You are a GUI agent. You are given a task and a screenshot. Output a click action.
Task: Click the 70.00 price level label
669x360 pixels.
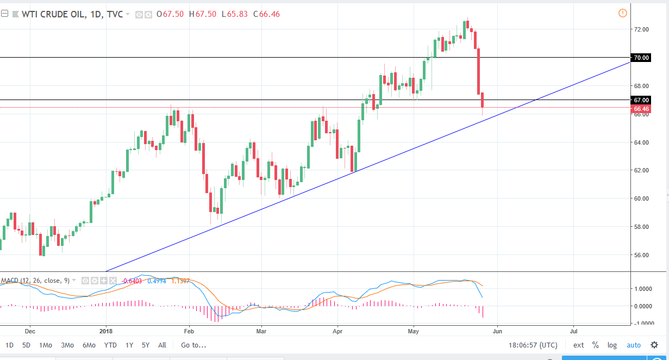pos(641,58)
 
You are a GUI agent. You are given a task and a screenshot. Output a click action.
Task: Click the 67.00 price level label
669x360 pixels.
pos(641,100)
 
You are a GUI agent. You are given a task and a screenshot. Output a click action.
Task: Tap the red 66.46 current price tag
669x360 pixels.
pos(641,109)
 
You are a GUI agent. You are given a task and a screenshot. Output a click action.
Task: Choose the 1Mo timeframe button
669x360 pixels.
pos(45,345)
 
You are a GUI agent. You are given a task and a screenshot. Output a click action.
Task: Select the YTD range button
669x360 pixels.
pos(110,345)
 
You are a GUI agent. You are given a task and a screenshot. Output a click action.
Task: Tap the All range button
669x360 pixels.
pos(162,345)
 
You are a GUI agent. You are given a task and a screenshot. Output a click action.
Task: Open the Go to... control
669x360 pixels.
pos(194,345)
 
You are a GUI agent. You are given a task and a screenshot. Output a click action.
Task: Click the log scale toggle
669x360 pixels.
pos(612,345)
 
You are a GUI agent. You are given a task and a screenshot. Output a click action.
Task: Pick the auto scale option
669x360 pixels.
pos(634,345)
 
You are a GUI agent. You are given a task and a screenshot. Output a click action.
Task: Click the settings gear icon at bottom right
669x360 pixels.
pos(654,345)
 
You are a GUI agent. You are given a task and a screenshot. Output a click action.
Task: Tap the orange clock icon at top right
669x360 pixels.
pos(623,13)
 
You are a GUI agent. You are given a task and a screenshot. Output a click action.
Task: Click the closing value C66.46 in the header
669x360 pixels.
pos(266,14)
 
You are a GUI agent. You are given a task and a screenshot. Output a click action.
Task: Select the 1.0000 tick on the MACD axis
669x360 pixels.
pos(643,289)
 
